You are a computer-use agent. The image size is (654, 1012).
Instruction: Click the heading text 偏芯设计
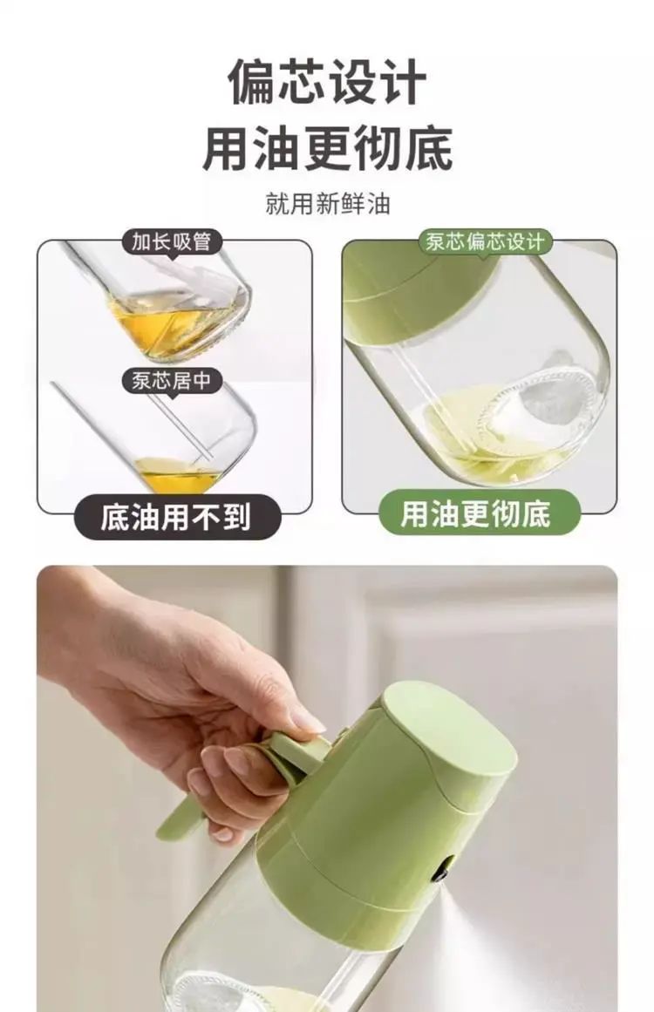[x=327, y=81]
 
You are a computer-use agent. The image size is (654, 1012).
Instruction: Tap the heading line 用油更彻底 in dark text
[x=327, y=148]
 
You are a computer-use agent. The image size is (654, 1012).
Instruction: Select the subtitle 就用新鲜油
[x=327, y=204]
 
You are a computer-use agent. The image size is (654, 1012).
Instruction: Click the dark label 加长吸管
[x=172, y=241]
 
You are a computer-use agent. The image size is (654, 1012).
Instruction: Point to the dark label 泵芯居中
[x=172, y=380]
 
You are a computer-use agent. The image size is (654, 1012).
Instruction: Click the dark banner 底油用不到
[x=175, y=517]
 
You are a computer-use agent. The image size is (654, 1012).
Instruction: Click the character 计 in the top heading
[x=403, y=81]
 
